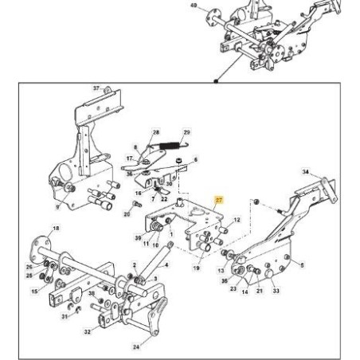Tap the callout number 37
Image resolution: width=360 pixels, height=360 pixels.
(x=97, y=88)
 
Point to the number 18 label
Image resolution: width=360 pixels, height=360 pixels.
(x=56, y=229)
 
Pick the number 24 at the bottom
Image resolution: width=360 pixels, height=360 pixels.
(x=136, y=346)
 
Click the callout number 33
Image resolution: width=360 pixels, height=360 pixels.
(x=276, y=292)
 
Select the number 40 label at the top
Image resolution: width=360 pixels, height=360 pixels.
(x=192, y=6)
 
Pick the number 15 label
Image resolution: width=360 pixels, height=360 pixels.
(x=35, y=292)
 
